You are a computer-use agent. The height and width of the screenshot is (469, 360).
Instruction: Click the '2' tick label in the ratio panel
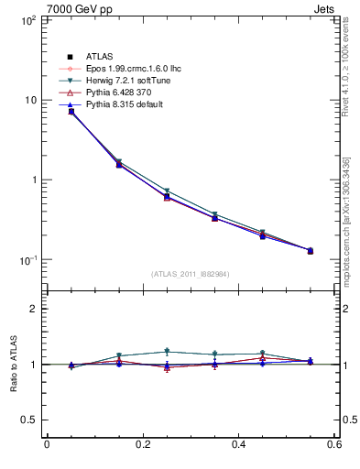coord(31,309)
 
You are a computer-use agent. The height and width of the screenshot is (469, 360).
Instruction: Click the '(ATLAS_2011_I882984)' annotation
coord(191,274)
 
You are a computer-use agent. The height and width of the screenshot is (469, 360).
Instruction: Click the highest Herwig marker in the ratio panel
coord(167,351)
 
